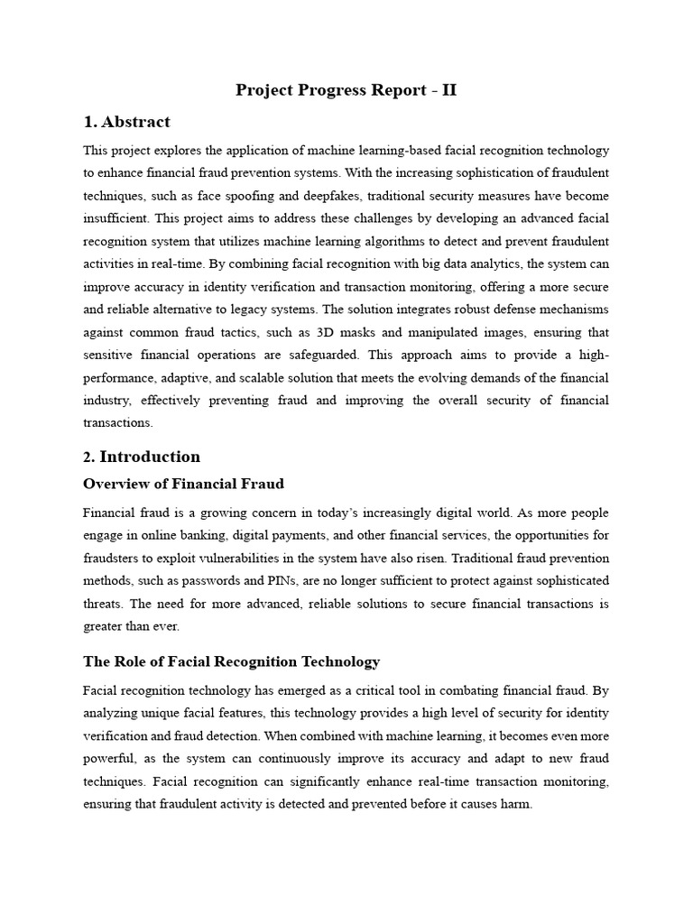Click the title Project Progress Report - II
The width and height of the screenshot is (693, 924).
tap(346, 90)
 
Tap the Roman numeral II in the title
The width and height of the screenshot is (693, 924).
tap(448, 90)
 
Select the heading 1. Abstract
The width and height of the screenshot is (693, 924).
tap(126, 122)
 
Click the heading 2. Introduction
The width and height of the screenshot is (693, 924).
tap(142, 457)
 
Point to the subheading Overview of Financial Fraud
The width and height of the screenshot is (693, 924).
tap(183, 485)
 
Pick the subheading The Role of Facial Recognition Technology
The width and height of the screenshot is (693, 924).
tap(231, 662)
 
